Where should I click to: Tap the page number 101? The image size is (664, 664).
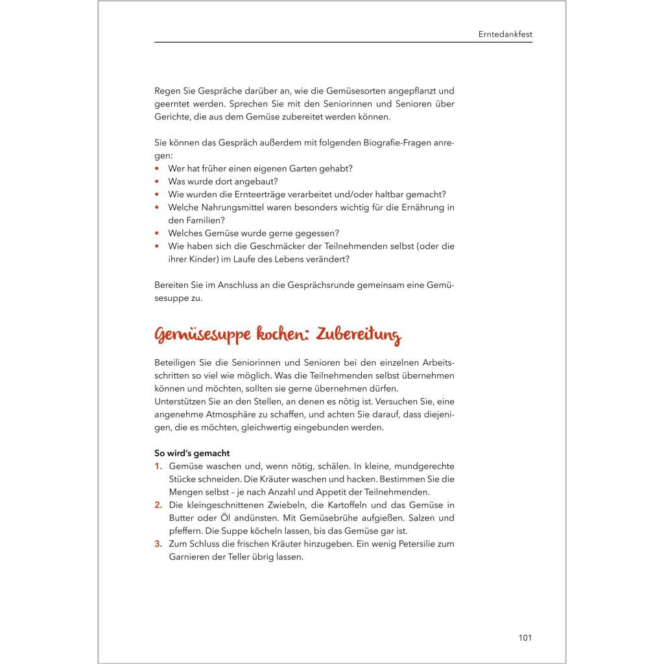pos(525,637)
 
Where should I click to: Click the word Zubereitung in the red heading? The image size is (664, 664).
pos(361,335)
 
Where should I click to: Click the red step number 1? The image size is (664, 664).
pos(158,466)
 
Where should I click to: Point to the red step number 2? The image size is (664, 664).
pos(158,505)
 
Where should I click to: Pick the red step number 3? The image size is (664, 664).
pos(158,544)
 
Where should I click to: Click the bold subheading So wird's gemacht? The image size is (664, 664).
pos(192,453)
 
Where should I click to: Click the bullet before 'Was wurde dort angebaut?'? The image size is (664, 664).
pos(157,182)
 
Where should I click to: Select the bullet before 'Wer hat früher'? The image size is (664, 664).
pos(157,169)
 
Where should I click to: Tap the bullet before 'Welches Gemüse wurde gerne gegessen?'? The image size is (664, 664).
pos(157,233)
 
